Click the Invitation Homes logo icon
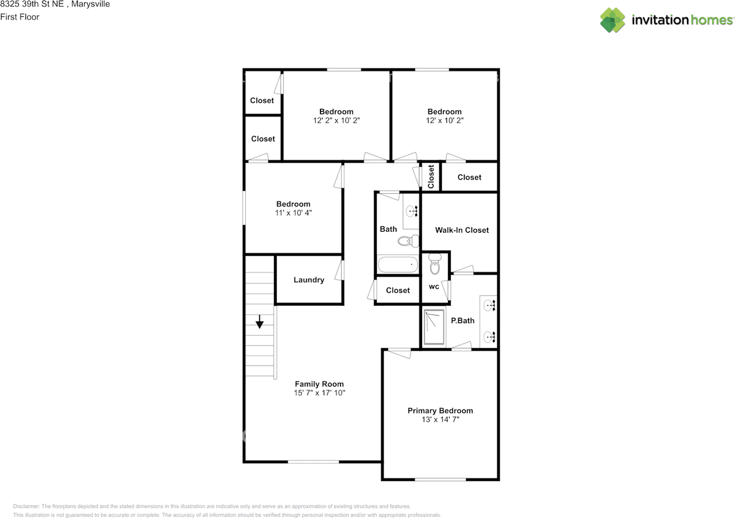coord(613,20)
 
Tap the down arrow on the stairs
coord(260,322)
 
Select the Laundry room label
coord(309,280)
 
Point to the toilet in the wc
coord(435,266)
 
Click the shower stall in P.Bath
coord(434,328)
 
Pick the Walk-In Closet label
coord(462,230)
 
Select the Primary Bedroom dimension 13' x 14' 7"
coord(440,420)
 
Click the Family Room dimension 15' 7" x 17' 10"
coord(319,393)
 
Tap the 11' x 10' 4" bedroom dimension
coord(293,213)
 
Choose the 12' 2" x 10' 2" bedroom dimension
coord(336,121)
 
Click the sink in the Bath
coord(412,211)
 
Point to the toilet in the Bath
coord(405,241)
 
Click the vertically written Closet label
coord(431,176)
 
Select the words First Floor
coord(20,17)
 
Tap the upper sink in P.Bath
coord(490,305)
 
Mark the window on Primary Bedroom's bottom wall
coord(440,479)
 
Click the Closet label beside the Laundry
coord(397,290)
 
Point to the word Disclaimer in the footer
coord(26,506)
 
